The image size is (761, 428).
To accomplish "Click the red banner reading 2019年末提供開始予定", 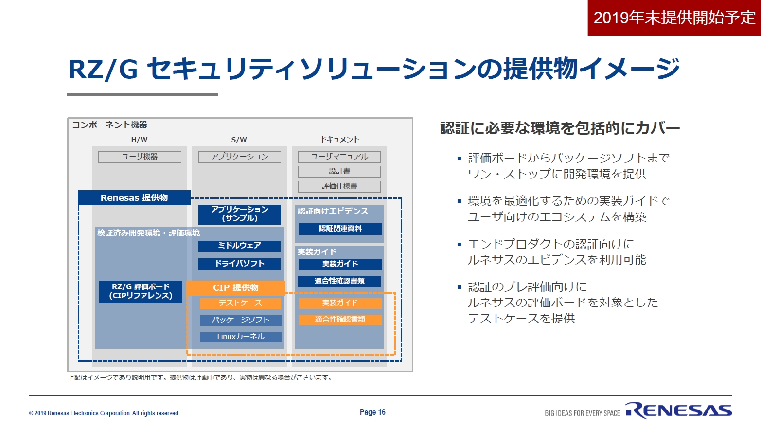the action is (674, 18).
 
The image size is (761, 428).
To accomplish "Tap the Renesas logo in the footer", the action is (679, 410).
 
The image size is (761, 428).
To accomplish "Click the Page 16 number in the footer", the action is (372, 412).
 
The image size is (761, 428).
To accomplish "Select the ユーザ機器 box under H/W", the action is (140, 157).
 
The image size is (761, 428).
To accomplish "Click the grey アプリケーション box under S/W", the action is (240, 157).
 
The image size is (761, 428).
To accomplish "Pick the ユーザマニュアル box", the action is (339, 157).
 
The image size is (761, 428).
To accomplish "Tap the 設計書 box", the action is (339, 172).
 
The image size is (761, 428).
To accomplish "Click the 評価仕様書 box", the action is (339, 186).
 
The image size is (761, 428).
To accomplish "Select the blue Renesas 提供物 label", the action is (134, 197).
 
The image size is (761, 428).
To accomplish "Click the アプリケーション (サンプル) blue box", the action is (240, 214).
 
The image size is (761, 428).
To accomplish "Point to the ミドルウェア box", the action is (240, 246).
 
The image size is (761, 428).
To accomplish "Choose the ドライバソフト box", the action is (240, 264).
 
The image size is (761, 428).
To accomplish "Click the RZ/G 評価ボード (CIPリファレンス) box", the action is (141, 292).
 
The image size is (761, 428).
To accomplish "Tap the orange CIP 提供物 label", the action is (236, 288).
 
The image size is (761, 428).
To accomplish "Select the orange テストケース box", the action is (240, 303).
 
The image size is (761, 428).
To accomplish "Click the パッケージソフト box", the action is (240, 321).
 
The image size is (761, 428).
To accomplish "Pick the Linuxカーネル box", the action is (240, 337).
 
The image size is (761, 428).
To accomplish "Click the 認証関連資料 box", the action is (340, 229).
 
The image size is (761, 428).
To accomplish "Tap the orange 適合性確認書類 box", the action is (340, 320).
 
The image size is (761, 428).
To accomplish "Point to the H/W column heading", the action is (139, 140).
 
